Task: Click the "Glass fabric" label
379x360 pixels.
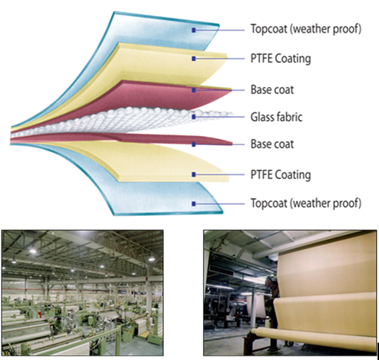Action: [276, 117]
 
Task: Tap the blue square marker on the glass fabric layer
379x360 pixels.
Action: [193, 117]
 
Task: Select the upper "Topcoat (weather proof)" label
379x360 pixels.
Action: [306, 29]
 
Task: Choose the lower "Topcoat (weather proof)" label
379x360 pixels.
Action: [306, 203]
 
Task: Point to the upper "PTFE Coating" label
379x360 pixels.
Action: [280, 59]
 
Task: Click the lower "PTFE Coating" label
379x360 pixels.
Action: [280, 175]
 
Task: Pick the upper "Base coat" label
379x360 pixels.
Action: [272, 90]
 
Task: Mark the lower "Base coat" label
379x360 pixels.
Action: [272, 144]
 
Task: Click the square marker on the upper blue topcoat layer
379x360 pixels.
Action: [193, 30]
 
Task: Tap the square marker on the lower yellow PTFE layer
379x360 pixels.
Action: [193, 175]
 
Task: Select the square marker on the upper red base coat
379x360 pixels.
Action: [193, 90]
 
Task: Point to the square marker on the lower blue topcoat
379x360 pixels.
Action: [193, 204]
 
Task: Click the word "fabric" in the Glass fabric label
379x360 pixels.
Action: [289, 117]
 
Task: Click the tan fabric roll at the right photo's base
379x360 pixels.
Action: [312, 340]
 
